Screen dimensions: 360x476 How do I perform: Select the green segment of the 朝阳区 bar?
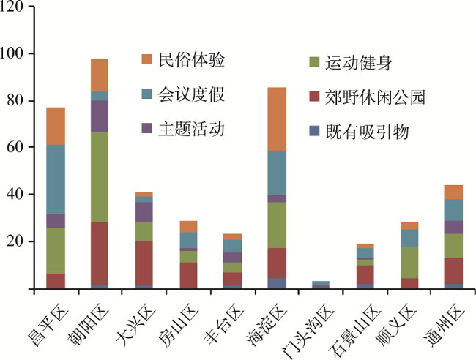tap(99, 177)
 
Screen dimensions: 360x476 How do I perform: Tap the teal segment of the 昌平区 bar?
tap(56, 179)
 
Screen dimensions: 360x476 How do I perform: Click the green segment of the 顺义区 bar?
tap(409, 262)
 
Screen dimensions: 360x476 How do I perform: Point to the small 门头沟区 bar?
tap(320, 284)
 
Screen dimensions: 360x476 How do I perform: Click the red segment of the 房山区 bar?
tap(187, 275)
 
